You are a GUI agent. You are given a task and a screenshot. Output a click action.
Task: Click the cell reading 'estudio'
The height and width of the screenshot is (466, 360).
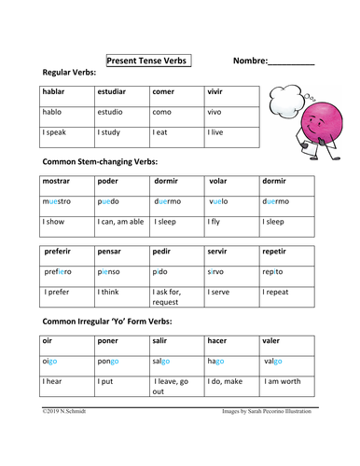click(x=112, y=113)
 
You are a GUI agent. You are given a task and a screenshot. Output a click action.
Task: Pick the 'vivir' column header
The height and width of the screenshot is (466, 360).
click(x=218, y=92)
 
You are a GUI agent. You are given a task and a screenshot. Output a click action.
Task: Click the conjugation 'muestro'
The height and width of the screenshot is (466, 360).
click(x=56, y=201)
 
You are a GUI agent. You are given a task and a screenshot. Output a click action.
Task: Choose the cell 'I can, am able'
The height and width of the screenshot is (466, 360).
click(x=120, y=222)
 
